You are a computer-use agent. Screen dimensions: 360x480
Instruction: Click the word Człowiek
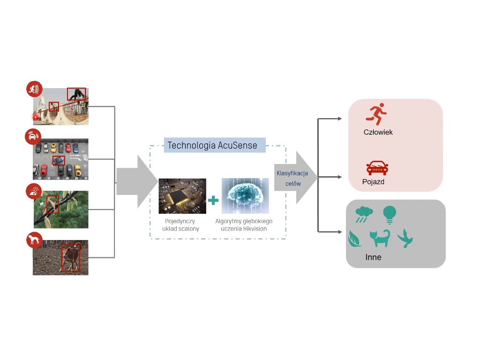[x=378, y=132]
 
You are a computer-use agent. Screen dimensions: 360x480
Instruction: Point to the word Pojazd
[x=373, y=181]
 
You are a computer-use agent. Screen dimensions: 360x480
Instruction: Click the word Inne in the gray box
[x=373, y=257]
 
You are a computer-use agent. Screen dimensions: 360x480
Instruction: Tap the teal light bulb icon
[x=389, y=214]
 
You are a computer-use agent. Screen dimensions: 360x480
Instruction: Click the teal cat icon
[x=380, y=238]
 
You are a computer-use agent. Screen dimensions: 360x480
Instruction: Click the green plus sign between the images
[x=213, y=200]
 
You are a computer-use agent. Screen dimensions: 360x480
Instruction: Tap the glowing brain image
[x=245, y=196]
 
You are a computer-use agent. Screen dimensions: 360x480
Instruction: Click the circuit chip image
[x=182, y=196]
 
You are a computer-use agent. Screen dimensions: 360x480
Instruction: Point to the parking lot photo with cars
[x=60, y=159]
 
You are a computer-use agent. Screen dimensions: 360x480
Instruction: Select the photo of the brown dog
[x=60, y=257]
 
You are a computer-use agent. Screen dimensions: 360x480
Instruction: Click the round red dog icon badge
[x=34, y=240]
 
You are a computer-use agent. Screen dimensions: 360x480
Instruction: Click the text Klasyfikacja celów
[x=292, y=178]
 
